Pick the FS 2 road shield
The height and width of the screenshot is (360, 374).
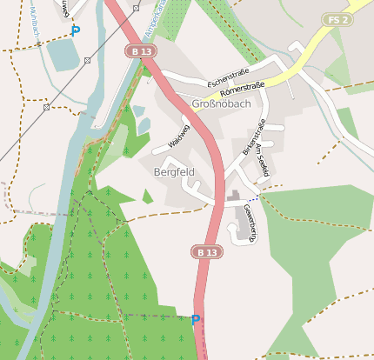337,20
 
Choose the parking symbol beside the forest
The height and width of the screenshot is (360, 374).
196,319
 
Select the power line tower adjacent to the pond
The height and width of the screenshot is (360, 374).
88,60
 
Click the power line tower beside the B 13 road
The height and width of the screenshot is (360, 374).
136,8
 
